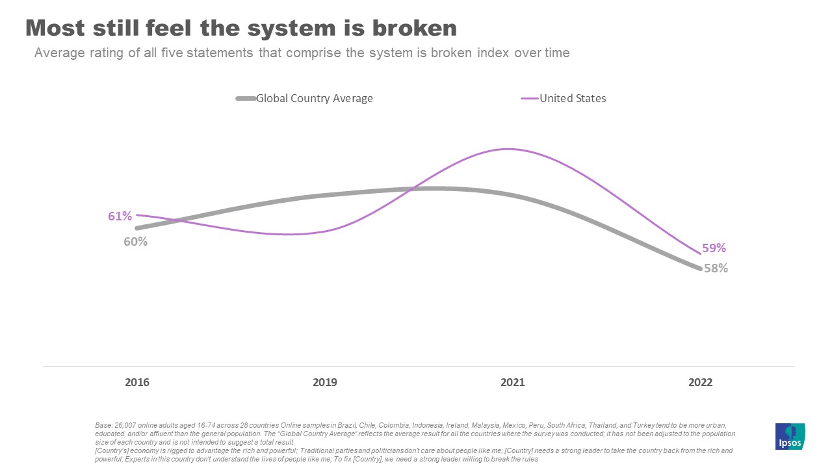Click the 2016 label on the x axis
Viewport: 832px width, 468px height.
click(x=137, y=382)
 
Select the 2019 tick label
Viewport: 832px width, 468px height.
click(x=325, y=382)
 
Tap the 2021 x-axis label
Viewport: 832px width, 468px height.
click(x=512, y=382)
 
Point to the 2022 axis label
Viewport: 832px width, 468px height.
click(x=700, y=382)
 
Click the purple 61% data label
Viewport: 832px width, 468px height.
click(x=120, y=216)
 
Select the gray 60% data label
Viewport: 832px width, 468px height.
click(x=136, y=241)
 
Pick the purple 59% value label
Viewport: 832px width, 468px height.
click(x=714, y=248)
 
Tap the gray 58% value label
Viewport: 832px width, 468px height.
click(x=716, y=268)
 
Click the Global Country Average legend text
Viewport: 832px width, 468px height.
click(x=315, y=99)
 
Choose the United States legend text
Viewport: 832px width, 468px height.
click(x=573, y=99)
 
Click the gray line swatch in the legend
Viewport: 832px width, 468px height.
click(x=246, y=99)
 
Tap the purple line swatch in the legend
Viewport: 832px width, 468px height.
click(x=530, y=99)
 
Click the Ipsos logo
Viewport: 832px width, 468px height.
click(x=790, y=436)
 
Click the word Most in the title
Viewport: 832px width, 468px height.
click(x=57, y=28)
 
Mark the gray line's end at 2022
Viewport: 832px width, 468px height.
click(x=700, y=268)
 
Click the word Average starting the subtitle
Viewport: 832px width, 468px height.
click(x=58, y=53)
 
